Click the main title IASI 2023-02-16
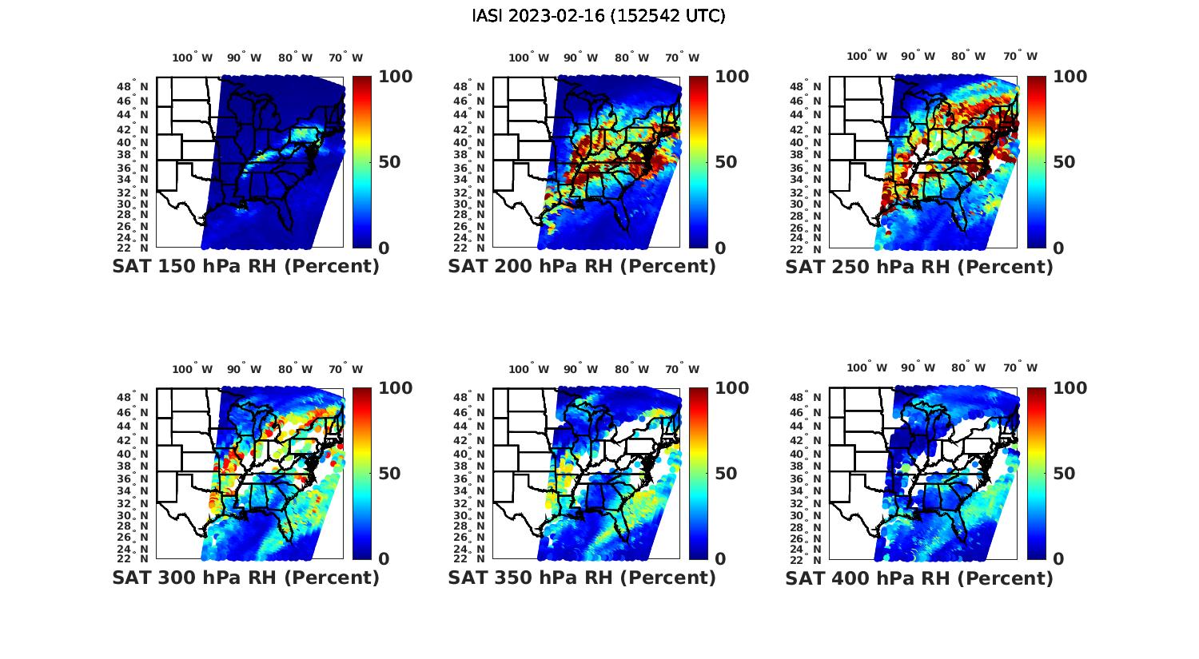click(599, 16)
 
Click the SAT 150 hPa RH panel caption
click(245, 267)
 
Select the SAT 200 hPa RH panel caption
click(582, 267)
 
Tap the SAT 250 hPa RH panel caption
click(919, 267)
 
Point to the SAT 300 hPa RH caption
click(245, 578)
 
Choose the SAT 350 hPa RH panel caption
click(582, 578)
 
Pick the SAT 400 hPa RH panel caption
click(919, 578)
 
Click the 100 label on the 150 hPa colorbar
click(395, 77)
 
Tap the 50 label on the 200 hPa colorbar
click(726, 162)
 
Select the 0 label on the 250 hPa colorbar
click(1058, 248)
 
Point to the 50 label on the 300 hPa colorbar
click(389, 474)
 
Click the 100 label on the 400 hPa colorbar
click(1070, 388)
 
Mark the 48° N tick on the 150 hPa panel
click(133, 86)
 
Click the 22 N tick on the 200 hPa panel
click(469, 248)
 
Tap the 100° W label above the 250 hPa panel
click(866, 56)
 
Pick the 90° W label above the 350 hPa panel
click(580, 369)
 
